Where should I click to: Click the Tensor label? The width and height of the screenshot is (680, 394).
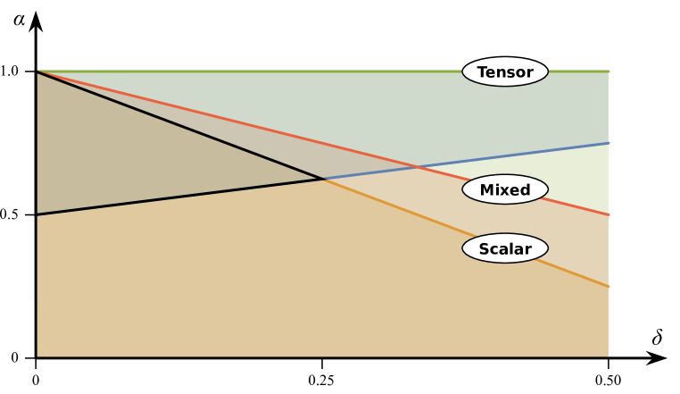[x=505, y=72]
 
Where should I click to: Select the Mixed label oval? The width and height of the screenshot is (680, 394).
[x=505, y=189]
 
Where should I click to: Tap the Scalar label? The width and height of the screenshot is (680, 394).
[x=505, y=248]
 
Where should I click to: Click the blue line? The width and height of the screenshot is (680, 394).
[x=518, y=155]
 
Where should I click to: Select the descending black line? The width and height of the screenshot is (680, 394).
[x=178, y=125]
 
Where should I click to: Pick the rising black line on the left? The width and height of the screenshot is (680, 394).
[x=178, y=197]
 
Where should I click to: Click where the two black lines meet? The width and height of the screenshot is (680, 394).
[x=324, y=179]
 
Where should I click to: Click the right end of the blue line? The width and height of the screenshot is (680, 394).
[x=608, y=143]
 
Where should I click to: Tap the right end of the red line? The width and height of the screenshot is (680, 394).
[x=608, y=214]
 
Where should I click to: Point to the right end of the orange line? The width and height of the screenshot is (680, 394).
[x=608, y=286]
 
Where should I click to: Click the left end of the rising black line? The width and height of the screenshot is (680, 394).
[x=38, y=214]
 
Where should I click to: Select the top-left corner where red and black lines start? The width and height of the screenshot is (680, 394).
[x=38, y=71]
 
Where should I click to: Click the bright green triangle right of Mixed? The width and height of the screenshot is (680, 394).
[x=580, y=179]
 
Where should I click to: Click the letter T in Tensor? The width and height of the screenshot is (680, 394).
[x=481, y=72]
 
